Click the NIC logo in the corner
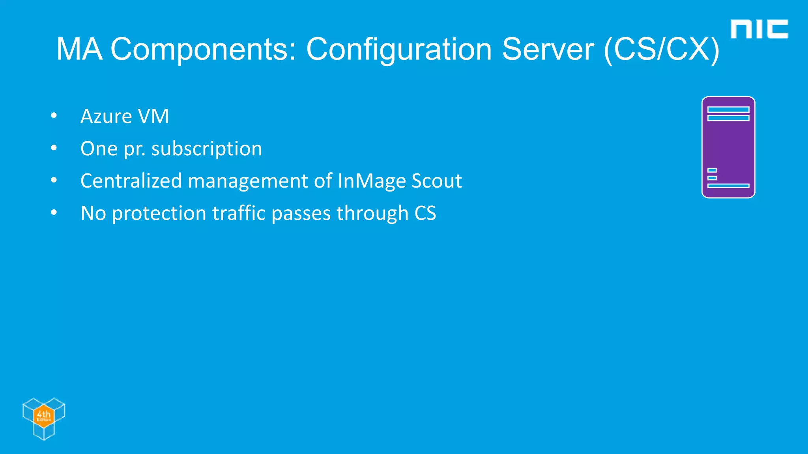(x=759, y=29)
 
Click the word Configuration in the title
(x=399, y=50)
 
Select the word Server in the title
(x=548, y=50)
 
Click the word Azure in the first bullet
(x=106, y=116)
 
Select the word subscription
(x=207, y=149)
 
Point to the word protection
(x=159, y=214)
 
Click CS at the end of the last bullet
(x=425, y=213)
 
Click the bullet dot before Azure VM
(x=54, y=116)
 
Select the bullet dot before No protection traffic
(x=54, y=213)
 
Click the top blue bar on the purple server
(x=728, y=110)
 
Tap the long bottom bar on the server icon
(x=728, y=186)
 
